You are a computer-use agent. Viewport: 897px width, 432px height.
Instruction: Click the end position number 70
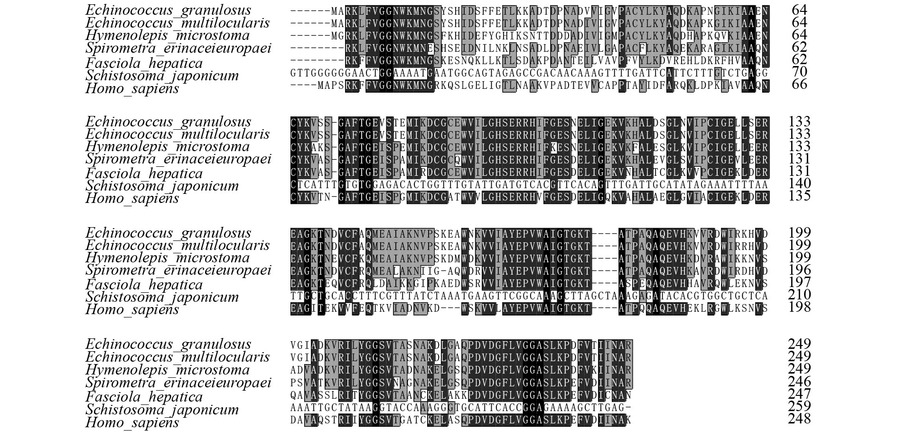799,71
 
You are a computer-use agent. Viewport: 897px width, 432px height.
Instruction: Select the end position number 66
799,84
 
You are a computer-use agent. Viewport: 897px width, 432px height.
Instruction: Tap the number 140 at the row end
799,183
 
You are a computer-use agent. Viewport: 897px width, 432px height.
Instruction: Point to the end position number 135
799,195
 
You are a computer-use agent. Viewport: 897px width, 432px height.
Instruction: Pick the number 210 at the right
799,295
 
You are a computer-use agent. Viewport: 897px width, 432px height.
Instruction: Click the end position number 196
799,269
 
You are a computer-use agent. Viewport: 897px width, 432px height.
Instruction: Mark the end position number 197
799,282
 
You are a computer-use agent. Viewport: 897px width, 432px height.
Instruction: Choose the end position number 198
799,307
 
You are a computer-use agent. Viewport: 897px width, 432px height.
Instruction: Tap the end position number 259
799,406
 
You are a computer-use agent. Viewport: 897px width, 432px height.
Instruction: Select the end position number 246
799,381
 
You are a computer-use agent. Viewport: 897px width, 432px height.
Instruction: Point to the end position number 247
799,394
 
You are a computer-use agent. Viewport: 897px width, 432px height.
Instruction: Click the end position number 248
799,418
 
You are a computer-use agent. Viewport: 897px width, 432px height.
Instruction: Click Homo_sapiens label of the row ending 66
132,89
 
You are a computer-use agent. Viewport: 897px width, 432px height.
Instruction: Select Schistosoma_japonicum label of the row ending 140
162,186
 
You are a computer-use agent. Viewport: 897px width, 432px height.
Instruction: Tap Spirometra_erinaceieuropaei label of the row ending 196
178,270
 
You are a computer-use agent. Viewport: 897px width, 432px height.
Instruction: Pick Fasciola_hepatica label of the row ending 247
144,397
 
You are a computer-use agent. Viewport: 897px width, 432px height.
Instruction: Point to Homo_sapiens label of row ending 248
132,422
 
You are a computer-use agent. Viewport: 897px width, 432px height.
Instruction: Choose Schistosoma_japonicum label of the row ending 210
162,297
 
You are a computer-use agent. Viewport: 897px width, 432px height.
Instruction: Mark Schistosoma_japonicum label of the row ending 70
162,76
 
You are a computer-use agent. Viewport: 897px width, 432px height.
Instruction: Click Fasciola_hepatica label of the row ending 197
144,285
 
